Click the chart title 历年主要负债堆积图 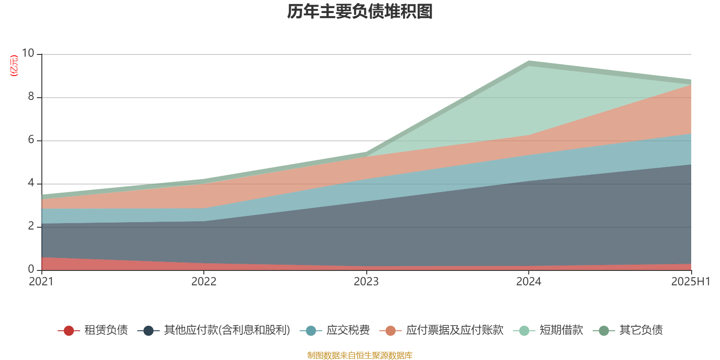coord(360,12)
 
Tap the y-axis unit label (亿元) coord(14,66)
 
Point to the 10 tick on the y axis coord(28,54)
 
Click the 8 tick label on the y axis coord(31,97)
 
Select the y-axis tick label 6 coord(31,140)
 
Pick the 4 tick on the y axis coord(31,183)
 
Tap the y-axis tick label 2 coord(31,226)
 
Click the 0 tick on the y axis coord(31,269)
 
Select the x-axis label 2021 coord(41,282)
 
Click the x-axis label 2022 coord(204,282)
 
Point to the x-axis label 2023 coord(366,282)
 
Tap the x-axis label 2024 coord(529,282)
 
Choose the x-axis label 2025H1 coord(690,282)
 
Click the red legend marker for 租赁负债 coord(68,331)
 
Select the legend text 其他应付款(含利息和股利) coord(227,330)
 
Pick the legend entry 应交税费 coord(348,330)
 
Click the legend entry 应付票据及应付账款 coord(454,330)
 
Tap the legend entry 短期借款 coord(561,330)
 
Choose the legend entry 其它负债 coord(641,330)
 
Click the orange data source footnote coord(360,355)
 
